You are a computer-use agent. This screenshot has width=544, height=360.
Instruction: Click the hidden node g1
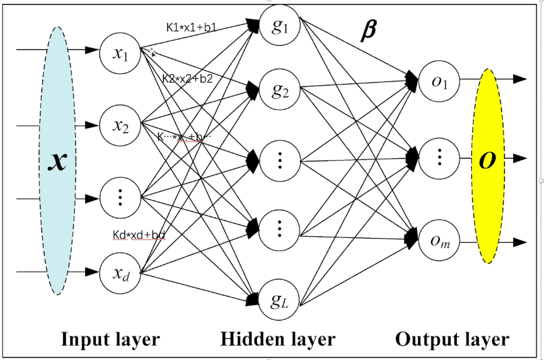280,26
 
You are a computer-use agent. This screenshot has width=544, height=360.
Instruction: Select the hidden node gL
280,302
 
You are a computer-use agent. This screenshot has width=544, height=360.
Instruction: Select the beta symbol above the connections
369,30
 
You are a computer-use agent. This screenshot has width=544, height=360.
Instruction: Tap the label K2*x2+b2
188,79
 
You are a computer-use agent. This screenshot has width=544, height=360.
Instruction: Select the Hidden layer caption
278,339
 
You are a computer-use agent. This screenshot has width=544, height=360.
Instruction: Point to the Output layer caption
452,339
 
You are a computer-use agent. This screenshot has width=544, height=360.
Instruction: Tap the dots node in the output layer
440,158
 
